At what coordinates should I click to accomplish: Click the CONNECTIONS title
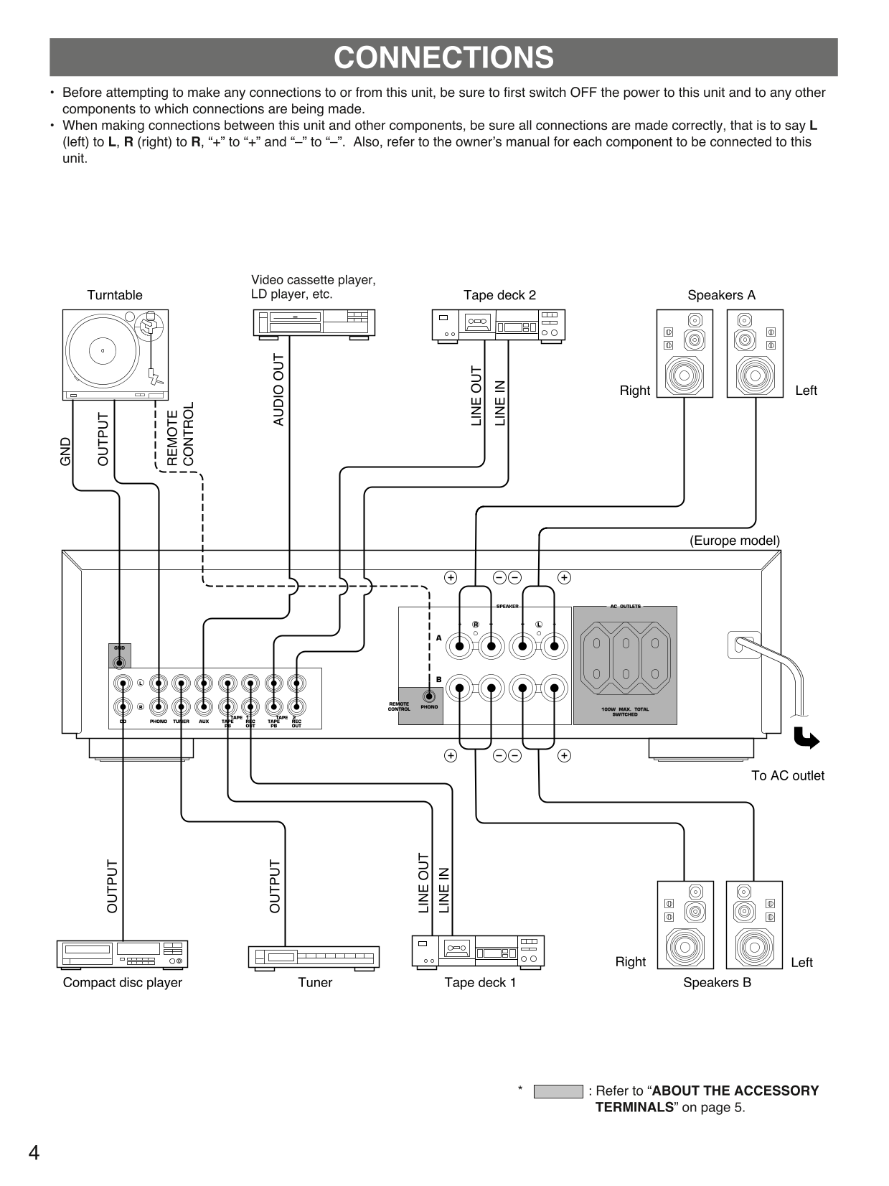click(443, 57)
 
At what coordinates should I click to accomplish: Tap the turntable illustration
click(115, 355)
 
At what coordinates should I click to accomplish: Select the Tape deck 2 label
click(499, 295)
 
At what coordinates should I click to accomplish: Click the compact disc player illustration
click(122, 954)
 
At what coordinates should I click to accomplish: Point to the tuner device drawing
click(314, 957)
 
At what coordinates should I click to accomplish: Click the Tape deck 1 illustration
click(478, 951)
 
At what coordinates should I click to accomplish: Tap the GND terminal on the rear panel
click(119, 662)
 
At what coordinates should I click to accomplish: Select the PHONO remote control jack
click(429, 696)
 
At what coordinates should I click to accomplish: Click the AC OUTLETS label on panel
click(625, 607)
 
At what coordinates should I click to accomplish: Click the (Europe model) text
click(734, 541)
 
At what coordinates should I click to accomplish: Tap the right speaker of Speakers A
click(685, 353)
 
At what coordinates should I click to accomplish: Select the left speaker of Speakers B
click(754, 925)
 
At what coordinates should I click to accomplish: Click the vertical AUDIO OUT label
click(279, 390)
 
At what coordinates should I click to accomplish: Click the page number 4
click(34, 1153)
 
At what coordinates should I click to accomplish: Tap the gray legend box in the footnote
click(558, 1091)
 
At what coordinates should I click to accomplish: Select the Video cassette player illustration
click(314, 322)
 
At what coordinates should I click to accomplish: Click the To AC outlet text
click(787, 775)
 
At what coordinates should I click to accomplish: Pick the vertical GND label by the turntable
click(66, 451)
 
